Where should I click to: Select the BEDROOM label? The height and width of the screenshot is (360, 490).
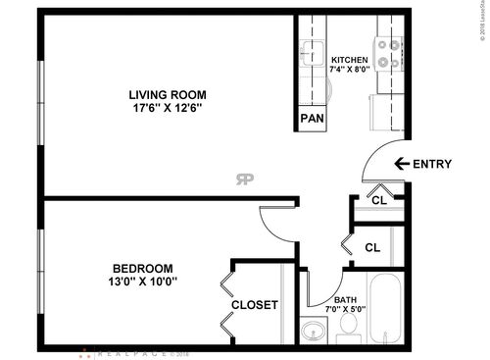point(142,269)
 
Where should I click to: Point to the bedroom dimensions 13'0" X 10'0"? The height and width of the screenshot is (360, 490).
point(142,282)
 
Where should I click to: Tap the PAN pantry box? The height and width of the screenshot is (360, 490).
point(312,119)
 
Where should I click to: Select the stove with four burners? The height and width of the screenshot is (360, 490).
point(388,54)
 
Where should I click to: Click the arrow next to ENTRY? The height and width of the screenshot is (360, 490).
point(400,164)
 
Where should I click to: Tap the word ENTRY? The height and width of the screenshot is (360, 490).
point(432,164)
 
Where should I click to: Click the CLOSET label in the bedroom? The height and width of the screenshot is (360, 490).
point(255,305)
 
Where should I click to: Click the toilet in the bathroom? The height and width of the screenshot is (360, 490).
point(348,334)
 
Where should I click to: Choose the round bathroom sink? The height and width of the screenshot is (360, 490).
point(314,332)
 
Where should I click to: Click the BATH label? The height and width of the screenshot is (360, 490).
point(345,300)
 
